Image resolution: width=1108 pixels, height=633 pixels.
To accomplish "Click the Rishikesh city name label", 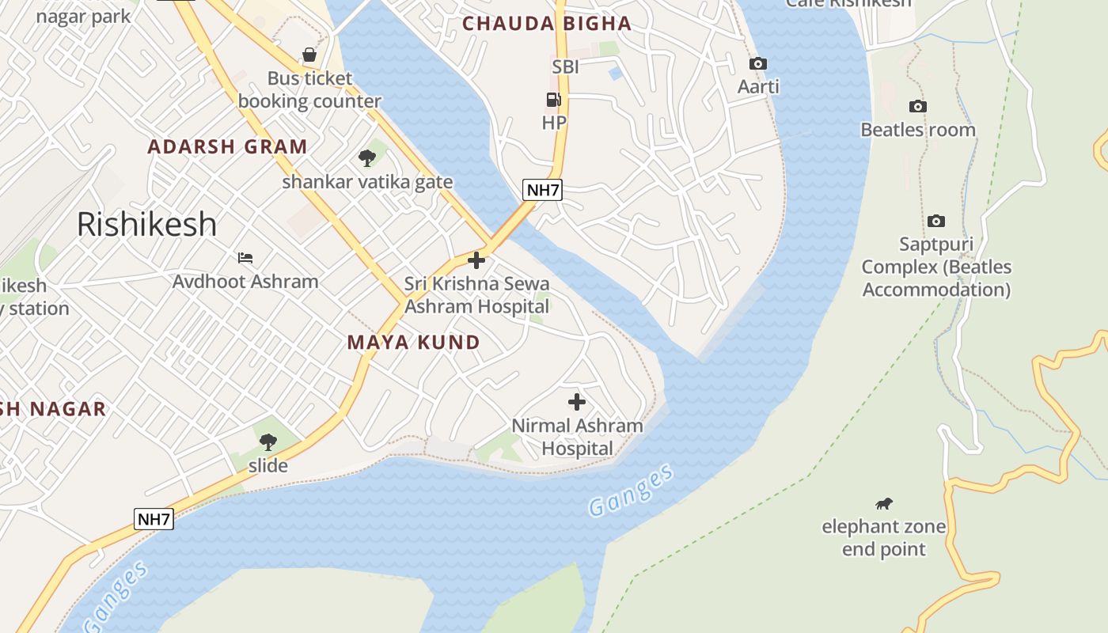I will tap(146, 225).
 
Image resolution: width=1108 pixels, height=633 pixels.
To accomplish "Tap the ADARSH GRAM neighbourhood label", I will tap(227, 146).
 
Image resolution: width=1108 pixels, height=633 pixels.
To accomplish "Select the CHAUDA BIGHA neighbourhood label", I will tap(547, 24).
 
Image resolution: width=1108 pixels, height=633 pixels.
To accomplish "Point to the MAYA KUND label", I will tap(414, 343).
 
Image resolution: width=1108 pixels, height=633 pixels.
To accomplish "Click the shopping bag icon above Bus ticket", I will tap(309, 55).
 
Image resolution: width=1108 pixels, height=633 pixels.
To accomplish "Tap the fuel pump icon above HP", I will tap(554, 100).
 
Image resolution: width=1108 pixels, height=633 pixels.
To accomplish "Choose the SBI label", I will tap(565, 67).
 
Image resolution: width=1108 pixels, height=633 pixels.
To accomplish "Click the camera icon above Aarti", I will tap(758, 63).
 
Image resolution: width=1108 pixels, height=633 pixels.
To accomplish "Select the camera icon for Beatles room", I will tap(918, 106).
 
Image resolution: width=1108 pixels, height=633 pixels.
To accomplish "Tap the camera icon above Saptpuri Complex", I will tap(936, 221).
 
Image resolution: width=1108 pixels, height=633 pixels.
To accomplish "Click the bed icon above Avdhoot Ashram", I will tap(245, 258).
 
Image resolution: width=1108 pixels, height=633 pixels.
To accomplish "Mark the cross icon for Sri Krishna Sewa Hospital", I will tap(476, 260).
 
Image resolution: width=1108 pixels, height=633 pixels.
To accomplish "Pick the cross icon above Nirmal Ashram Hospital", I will tap(577, 402).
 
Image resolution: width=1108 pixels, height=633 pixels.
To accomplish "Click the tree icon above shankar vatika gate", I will tap(367, 158).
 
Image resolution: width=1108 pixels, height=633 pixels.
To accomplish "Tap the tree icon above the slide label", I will tap(268, 442).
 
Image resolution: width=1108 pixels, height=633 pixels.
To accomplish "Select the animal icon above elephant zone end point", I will tap(884, 503).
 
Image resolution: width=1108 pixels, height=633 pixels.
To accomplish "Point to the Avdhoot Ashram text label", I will tap(245, 282).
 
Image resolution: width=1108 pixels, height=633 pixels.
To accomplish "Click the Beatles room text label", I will tap(918, 130).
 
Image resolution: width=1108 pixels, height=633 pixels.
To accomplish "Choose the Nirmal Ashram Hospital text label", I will tap(577, 437).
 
